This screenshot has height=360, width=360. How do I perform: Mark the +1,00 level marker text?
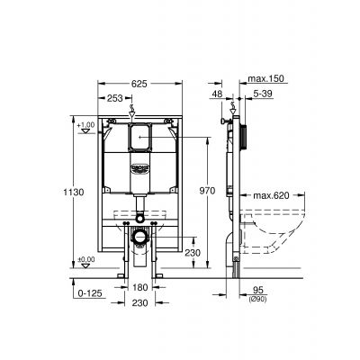[x=86, y=124]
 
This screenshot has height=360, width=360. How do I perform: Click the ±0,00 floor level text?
[x=86, y=259]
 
